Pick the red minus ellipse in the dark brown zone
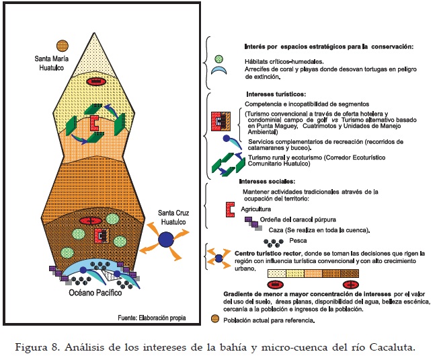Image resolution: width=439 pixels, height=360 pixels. pos(88,221)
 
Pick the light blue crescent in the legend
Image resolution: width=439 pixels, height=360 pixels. pos(218,69)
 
